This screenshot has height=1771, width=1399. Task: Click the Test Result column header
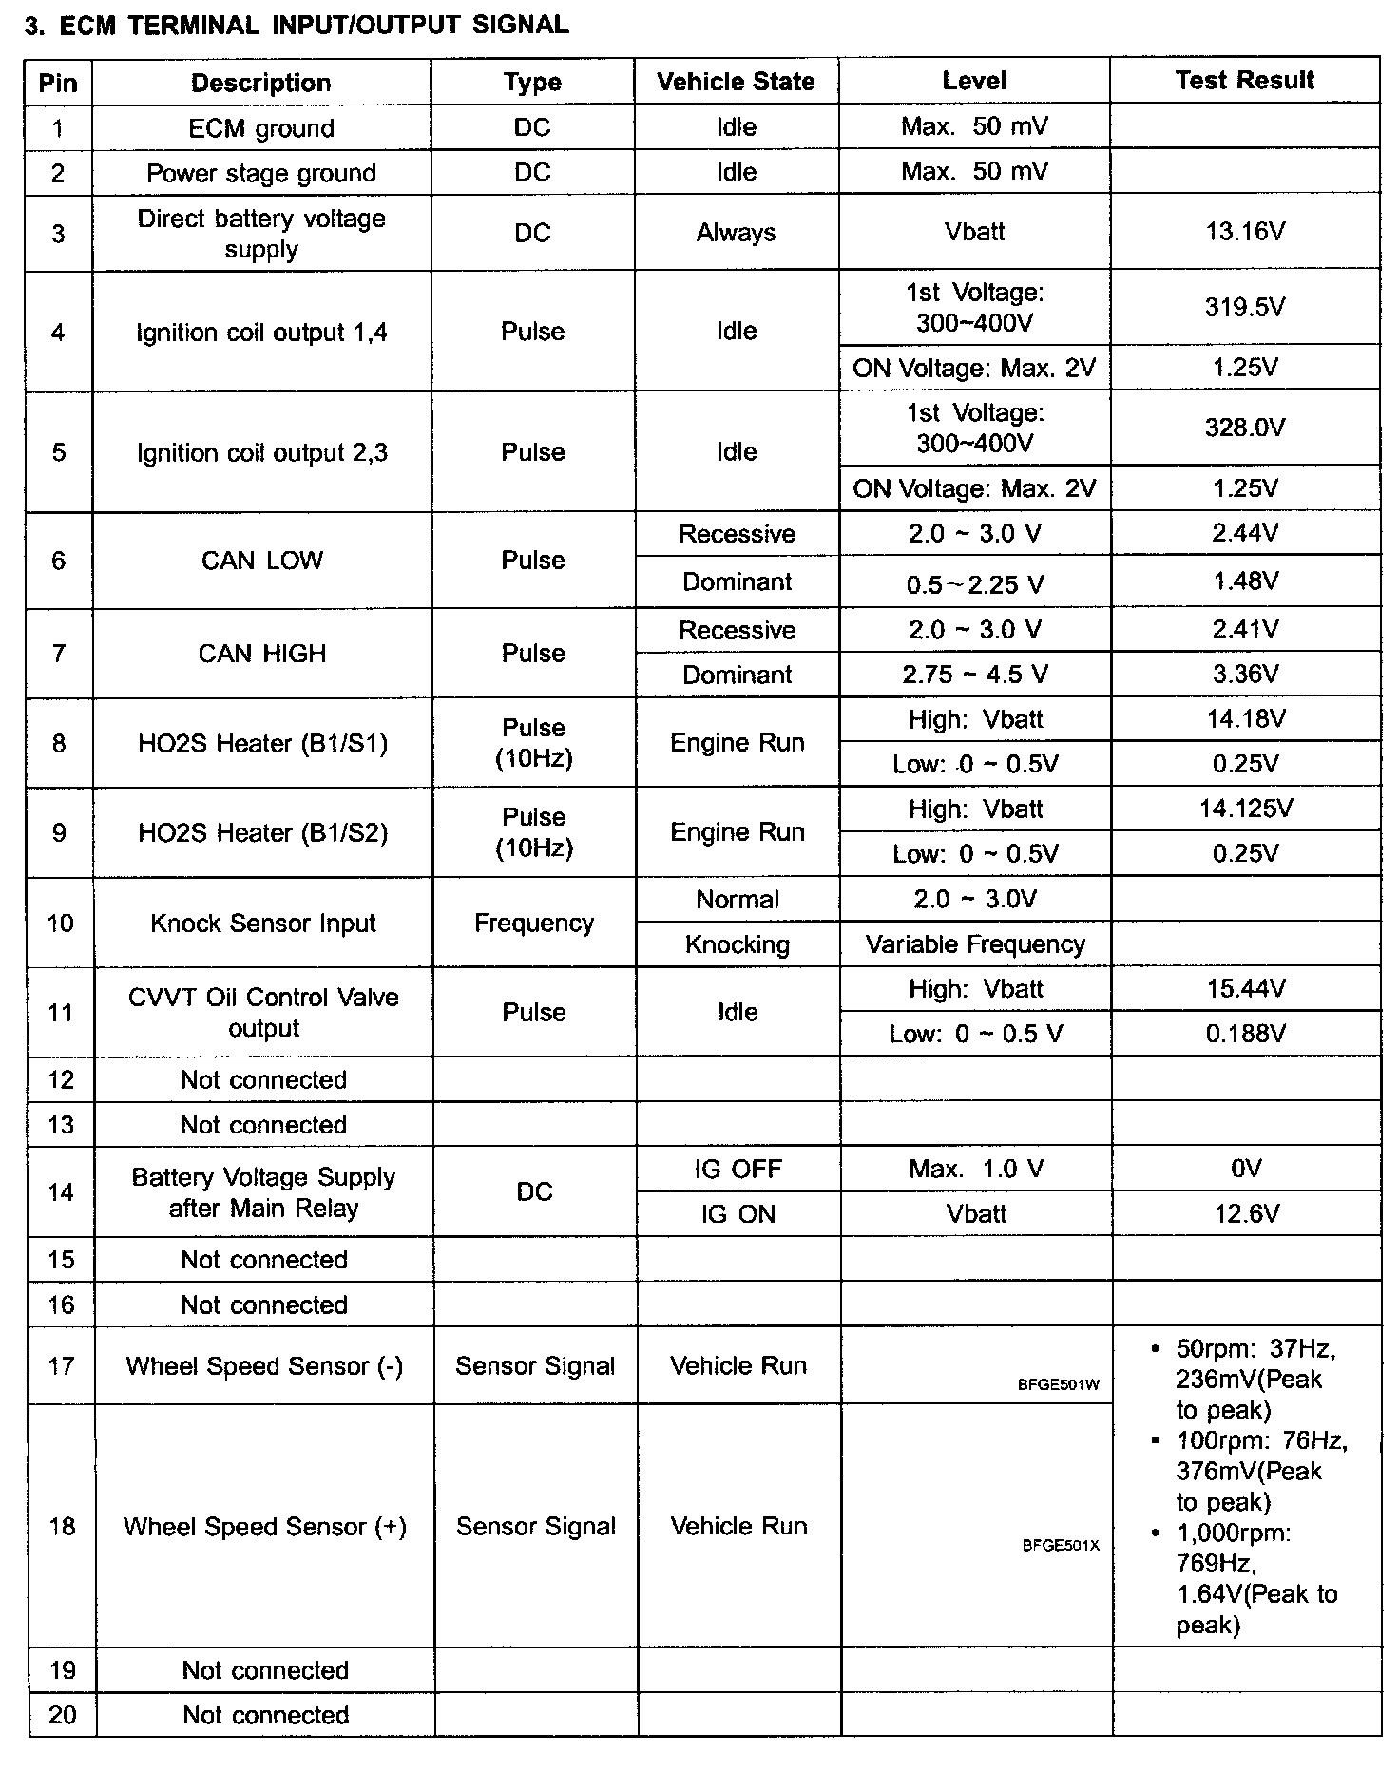coord(1244,81)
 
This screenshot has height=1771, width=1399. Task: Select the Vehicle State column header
coord(736,82)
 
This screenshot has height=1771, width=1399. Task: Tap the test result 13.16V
coord(1245,232)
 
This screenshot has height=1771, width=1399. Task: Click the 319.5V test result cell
coord(1245,307)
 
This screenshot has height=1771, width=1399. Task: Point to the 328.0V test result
coord(1245,428)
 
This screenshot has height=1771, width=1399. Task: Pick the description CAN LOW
coord(261,561)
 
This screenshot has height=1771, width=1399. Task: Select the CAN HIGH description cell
coord(261,654)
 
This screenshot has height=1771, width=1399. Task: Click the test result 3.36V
coord(1245,675)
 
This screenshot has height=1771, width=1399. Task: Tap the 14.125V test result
coord(1245,809)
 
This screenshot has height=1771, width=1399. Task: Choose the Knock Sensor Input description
coord(263,924)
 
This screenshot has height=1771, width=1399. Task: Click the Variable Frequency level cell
coord(975,944)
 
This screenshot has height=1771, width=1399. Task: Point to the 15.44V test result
coord(1245,989)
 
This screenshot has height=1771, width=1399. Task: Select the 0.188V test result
coord(1245,1034)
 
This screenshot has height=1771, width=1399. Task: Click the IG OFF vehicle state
coord(738,1170)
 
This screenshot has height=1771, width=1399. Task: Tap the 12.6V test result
coord(1246,1214)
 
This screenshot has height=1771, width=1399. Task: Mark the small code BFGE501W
coord(1058,1385)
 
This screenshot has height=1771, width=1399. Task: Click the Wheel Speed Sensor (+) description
coord(265,1527)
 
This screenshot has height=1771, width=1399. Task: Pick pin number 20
coord(62,1715)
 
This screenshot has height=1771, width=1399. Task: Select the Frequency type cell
coord(534,924)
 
